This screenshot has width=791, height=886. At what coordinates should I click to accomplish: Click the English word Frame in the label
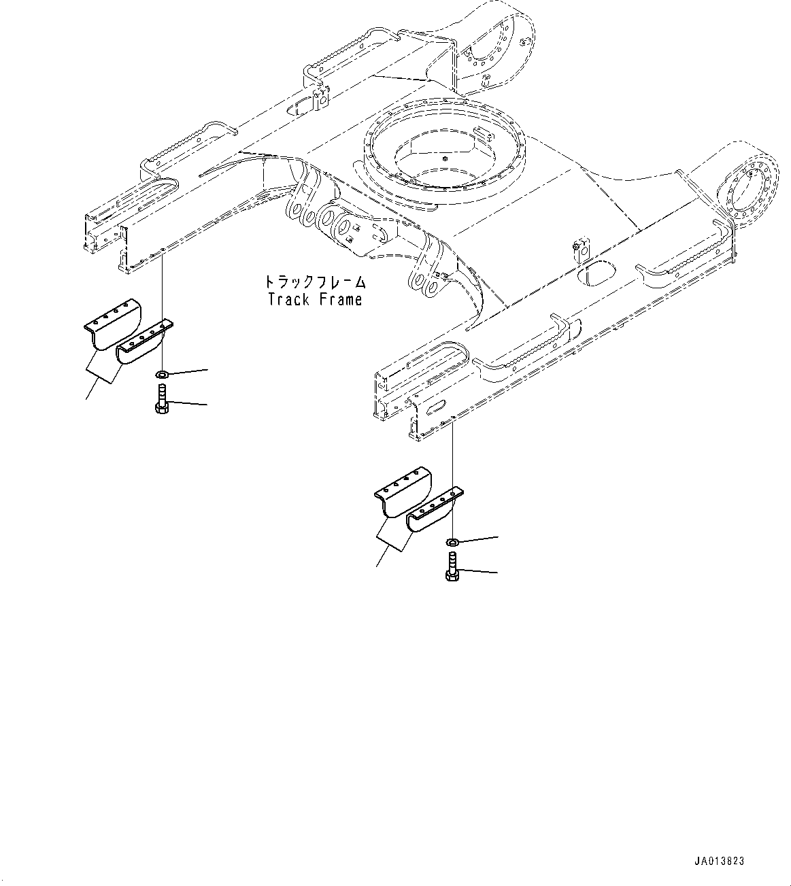coord(339,299)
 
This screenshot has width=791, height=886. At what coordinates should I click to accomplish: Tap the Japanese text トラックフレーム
coord(315,282)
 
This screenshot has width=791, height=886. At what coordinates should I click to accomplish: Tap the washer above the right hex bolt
coord(452,541)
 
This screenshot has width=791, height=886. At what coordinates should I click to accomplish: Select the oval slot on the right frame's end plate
coord(435,405)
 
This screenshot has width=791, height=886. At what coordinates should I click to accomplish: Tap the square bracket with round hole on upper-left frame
coord(320,100)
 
